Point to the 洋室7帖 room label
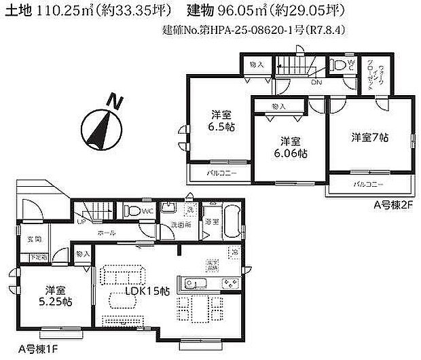point(369,137)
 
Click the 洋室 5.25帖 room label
point(52,295)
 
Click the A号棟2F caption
point(392,203)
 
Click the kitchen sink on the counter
point(194,283)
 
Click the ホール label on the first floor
point(105,232)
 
